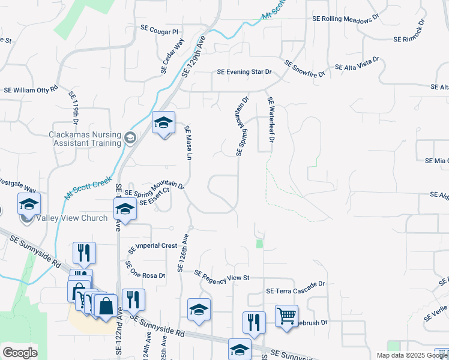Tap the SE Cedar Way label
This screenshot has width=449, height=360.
click(172, 56)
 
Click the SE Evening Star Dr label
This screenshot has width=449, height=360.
click(244, 72)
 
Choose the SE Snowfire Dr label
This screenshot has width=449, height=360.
click(304, 69)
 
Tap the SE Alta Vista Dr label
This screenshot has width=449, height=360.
click(357, 64)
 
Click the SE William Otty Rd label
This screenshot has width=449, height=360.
click(31, 89)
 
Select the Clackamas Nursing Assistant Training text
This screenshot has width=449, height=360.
click(85, 139)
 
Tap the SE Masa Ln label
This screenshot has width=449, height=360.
click(188, 142)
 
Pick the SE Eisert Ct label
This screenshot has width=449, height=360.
click(155, 196)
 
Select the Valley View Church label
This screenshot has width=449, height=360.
click(71, 218)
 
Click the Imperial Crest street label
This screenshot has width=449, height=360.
click(154, 246)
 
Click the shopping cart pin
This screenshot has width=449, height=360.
click(286, 315)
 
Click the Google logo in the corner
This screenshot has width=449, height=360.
click(20, 353)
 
